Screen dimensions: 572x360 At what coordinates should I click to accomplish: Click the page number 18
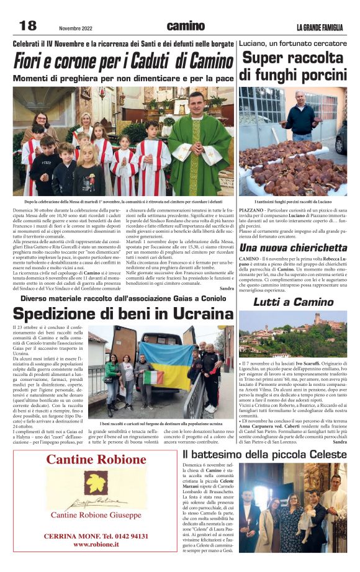tap(28, 25)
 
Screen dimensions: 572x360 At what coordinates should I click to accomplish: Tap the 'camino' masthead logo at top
tap(185, 26)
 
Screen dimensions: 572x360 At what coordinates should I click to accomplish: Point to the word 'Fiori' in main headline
tap(38, 62)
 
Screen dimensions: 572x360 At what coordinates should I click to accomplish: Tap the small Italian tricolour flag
tap(153, 377)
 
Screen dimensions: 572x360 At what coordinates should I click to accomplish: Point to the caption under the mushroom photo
tap(293, 202)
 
